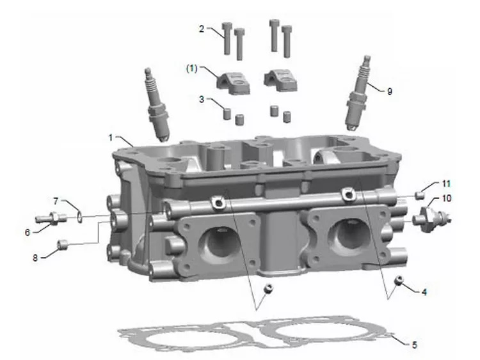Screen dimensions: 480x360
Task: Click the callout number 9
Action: tap(389, 91)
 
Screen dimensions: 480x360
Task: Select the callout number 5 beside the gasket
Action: tap(414, 345)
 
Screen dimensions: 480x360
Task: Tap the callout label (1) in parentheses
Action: tap(192, 68)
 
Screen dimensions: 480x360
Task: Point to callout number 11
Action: tap(446, 184)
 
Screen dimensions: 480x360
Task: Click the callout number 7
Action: tap(56, 201)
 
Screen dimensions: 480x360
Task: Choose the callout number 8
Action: tap(35, 258)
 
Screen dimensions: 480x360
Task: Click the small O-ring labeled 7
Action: tap(79, 217)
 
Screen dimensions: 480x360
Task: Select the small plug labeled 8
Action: tap(62, 245)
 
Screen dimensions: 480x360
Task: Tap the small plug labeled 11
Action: tap(420, 195)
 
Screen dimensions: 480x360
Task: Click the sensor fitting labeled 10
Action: tap(431, 219)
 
